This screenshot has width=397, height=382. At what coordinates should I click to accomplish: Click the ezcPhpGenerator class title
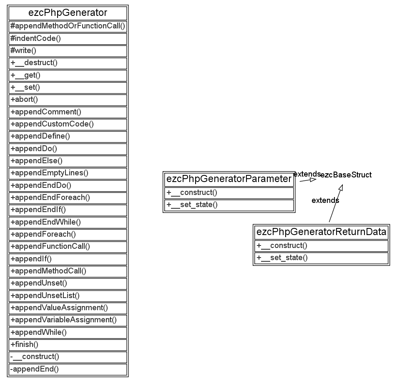click(x=68, y=13)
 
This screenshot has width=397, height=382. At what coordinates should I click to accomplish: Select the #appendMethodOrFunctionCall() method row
click(x=68, y=26)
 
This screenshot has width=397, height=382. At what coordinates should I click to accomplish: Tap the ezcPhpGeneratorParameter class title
click(x=229, y=179)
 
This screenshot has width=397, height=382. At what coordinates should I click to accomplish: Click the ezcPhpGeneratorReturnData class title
click(x=321, y=232)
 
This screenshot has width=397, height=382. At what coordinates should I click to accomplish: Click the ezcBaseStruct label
click(x=346, y=175)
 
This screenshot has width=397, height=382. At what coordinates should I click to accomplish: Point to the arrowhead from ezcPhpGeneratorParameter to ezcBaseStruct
click(x=313, y=180)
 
